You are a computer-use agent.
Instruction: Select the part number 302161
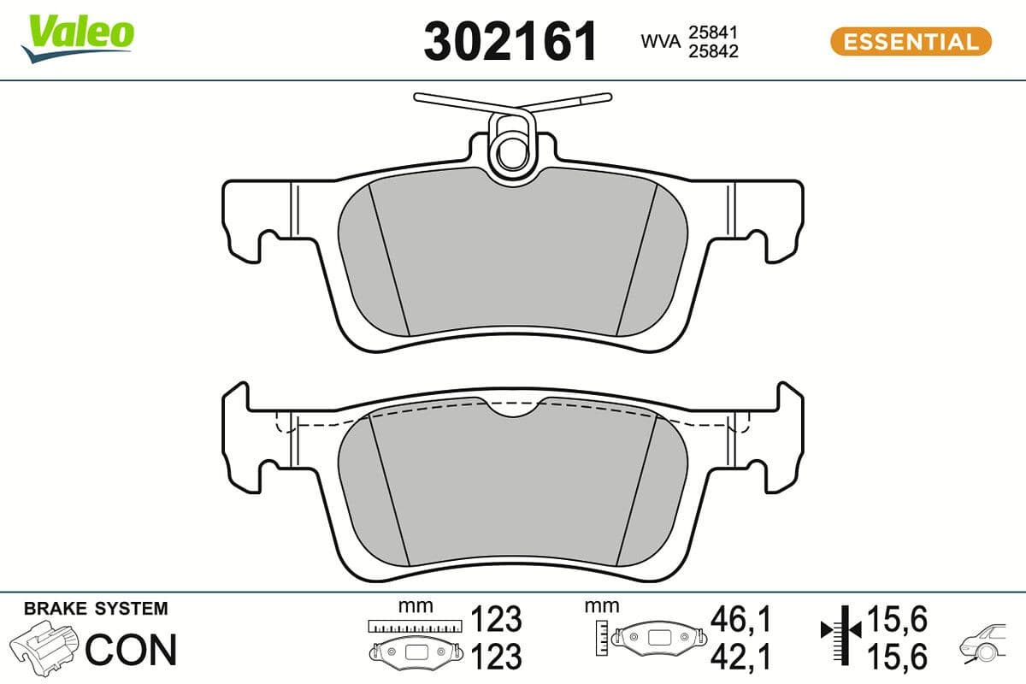click(x=510, y=41)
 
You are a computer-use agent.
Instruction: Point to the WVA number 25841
click(x=713, y=32)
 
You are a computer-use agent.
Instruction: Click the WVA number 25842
click(x=713, y=50)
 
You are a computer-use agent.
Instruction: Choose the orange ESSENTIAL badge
click(x=911, y=41)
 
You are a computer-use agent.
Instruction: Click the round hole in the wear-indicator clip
click(x=511, y=154)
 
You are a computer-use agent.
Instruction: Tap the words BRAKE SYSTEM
click(x=96, y=609)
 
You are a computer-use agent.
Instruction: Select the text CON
click(x=131, y=650)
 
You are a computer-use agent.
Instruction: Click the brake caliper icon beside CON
click(x=47, y=647)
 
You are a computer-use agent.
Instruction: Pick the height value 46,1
click(x=740, y=617)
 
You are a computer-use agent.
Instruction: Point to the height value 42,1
click(x=740, y=656)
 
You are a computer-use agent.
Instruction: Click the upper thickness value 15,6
click(x=897, y=617)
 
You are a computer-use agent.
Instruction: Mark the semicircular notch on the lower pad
click(x=513, y=410)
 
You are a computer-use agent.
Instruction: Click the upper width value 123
click(x=496, y=617)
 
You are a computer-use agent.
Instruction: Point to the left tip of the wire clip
click(x=417, y=97)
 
